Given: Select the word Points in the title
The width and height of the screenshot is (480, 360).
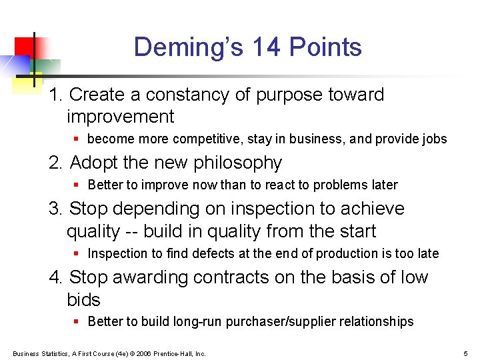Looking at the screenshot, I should [328, 47].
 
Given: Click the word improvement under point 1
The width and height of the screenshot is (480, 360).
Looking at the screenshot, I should [120, 117].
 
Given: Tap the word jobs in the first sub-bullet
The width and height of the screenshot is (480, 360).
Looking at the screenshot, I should [433, 139].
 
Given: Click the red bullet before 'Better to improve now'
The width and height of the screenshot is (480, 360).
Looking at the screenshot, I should [77, 185].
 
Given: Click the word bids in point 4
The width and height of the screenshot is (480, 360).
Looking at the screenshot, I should [83, 299].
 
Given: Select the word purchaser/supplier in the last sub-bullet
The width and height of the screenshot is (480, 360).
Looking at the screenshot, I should [283, 321].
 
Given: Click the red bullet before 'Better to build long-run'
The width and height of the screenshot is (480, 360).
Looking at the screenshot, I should [77, 321].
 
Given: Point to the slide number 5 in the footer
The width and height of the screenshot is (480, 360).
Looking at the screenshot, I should [465, 353].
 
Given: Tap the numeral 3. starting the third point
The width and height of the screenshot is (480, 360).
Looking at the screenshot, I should [56, 209].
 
